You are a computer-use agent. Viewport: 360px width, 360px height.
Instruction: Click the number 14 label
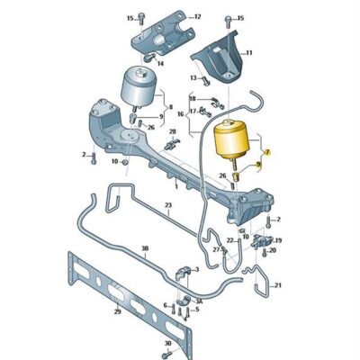click(x=159, y=65)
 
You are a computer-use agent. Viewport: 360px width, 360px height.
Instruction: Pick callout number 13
click(x=193, y=78)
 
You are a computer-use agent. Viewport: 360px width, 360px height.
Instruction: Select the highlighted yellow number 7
click(x=266, y=154)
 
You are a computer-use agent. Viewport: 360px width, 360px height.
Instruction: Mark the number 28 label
click(x=172, y=132)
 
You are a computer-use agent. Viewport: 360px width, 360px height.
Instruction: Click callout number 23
click(x=166, y=205)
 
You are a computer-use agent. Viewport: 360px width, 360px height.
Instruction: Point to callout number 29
click(x=116, y=310)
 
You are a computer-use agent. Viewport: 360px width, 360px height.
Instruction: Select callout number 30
click(x=167, y=345)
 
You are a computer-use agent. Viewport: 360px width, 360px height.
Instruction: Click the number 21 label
click(x=278, y=285)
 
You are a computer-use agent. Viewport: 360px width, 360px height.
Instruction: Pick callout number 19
click(x=278, y=241)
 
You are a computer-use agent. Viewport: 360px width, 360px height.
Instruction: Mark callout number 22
click(x=230, y=240)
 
